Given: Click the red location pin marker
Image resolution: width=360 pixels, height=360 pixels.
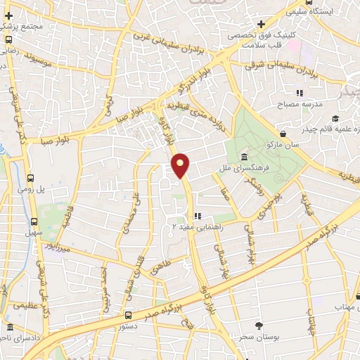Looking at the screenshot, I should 181,165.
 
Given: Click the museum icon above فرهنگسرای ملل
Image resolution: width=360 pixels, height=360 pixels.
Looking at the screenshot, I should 243,156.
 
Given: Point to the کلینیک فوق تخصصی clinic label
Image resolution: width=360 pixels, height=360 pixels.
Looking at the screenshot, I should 262,34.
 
